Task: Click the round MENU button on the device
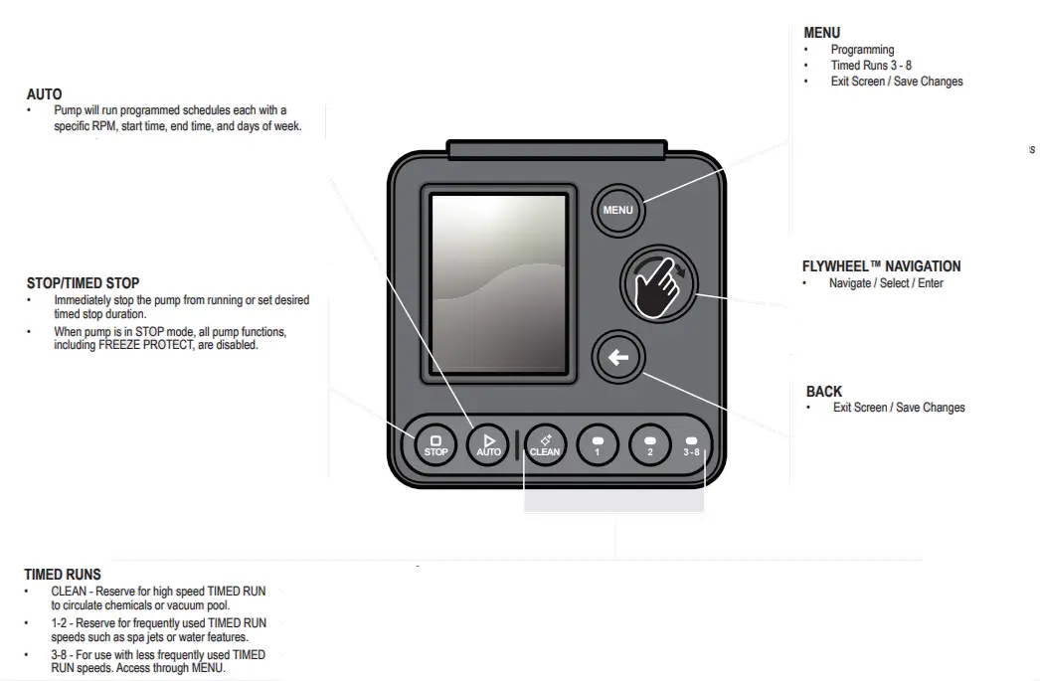pyautogui.click(x=617, y=209)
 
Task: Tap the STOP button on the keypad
pyautogui.click(x=435, y=443)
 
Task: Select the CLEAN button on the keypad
pyautogui.click(x=544, y=443)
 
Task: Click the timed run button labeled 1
pyautogui.click(x=598, y=443)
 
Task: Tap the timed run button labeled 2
pyautogui.click(x=650, y=443)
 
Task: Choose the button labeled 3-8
pyautogui.click(x=691, y=443)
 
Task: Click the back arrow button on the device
pyautogui.click(x=618, y=358)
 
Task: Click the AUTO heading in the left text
pyautogui.click(x=44, y=94)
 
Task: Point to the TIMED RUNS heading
pyautogui.click(x=62, y=575)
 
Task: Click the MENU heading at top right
pyautogui.click(x=821, y=33)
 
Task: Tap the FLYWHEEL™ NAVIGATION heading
pyautogui.click(x=881, y=266)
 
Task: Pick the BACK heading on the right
pyautogui.click(x=824, y=392)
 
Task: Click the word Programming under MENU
pyautogui.click(x=862, y=50)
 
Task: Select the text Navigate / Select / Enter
pyautogui.click(x=886, y=283)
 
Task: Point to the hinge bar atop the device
pyautogui.click(x=556, y=149)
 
